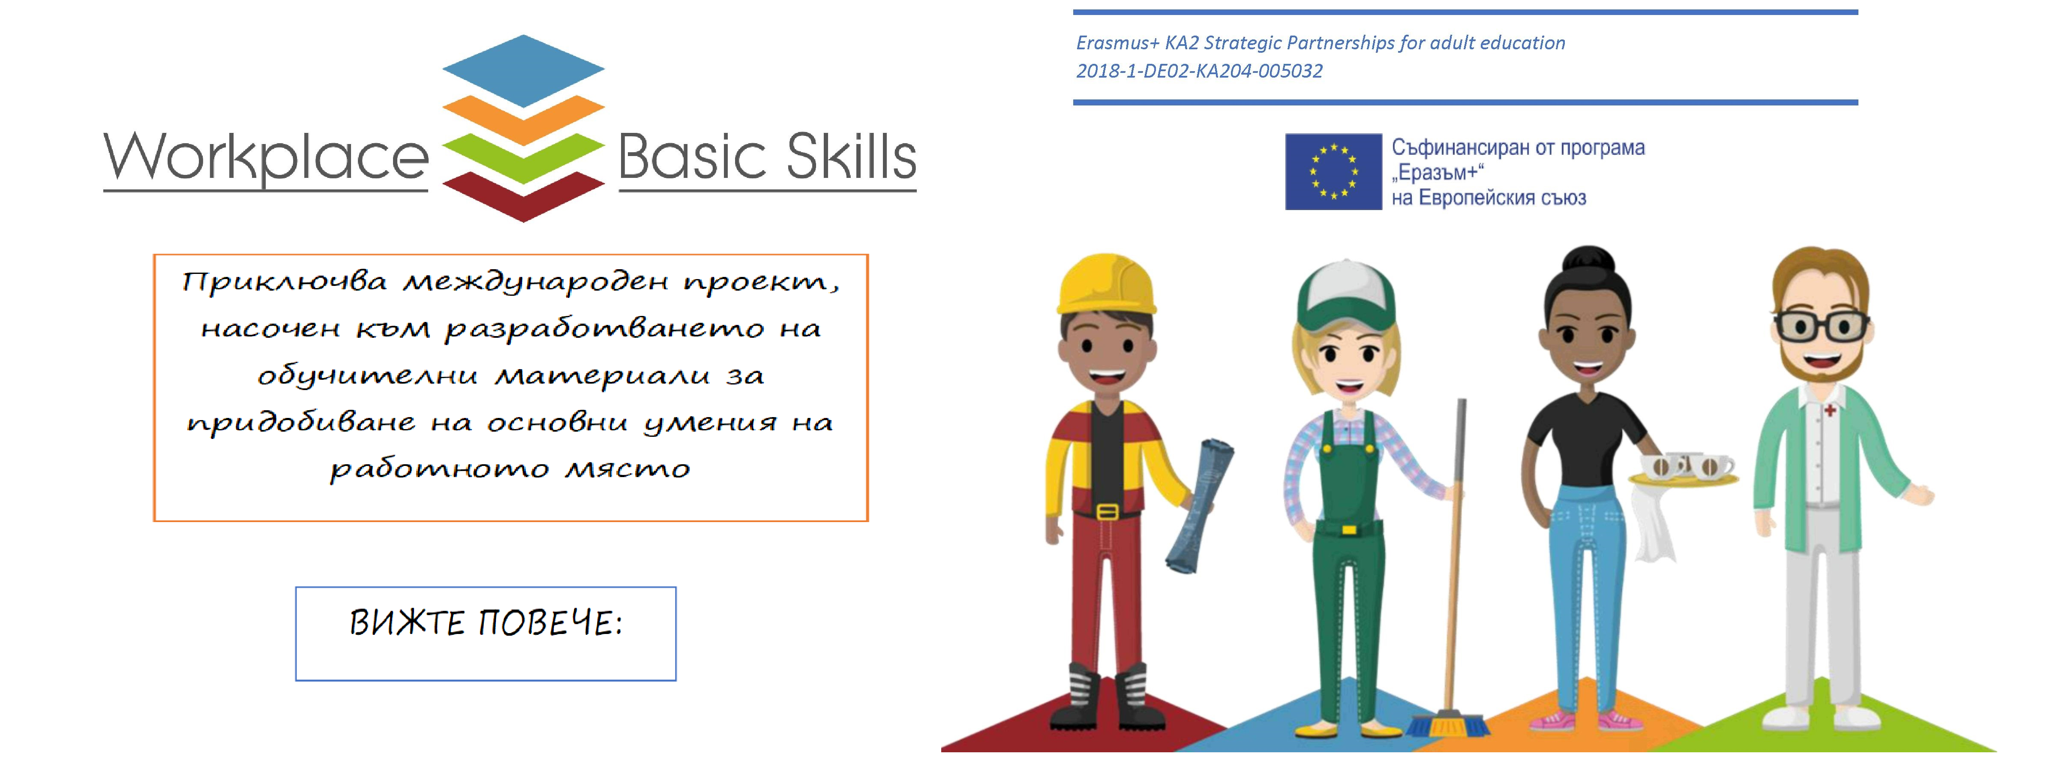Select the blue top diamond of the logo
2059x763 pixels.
524,70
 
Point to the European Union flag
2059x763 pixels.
1333,171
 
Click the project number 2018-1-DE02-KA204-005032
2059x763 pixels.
1199,71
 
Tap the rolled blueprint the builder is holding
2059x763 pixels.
1199,505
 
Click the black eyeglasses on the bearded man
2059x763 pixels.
1821,325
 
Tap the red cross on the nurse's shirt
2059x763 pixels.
1830,410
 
